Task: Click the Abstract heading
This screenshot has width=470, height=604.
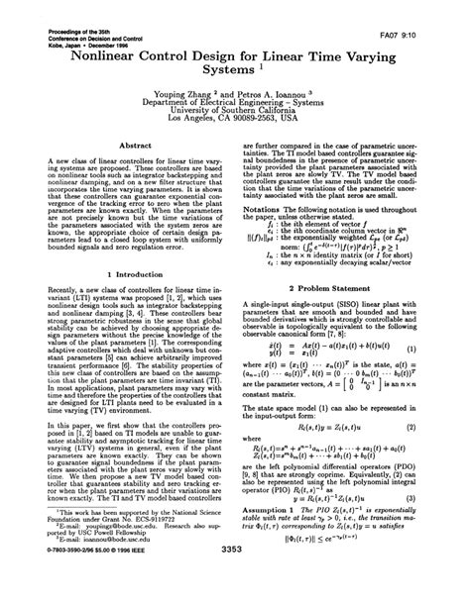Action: [134, 144]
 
